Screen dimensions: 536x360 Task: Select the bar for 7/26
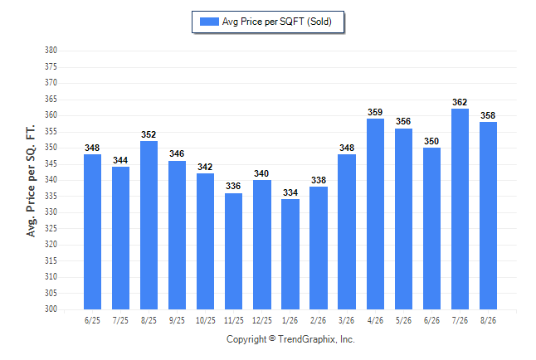(460, 209)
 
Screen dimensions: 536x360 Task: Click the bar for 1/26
(290, 254)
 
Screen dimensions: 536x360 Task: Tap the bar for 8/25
(149, 225)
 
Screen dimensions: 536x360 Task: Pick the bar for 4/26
(375, 214)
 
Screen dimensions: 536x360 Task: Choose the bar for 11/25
(233, 251)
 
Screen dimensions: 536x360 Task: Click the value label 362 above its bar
(460, 102)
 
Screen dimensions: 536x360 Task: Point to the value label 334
(290, 192)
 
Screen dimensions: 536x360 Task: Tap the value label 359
(375, 112)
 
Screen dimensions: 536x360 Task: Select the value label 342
(205, 167)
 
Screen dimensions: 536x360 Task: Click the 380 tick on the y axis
(51, 51)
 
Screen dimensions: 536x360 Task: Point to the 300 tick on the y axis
(51, 309)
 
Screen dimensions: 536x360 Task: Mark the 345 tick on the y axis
(51, 163)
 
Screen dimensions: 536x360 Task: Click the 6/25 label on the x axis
(92, 320)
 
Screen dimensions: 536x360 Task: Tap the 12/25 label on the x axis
(262, 320)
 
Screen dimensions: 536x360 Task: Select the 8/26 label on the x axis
(488, 320)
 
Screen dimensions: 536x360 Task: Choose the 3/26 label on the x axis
(346, 320)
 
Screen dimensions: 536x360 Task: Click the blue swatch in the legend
(209, 22)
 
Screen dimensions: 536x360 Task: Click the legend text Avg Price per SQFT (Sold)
(277, 22)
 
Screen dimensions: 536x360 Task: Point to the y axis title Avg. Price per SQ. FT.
(31, 181)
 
